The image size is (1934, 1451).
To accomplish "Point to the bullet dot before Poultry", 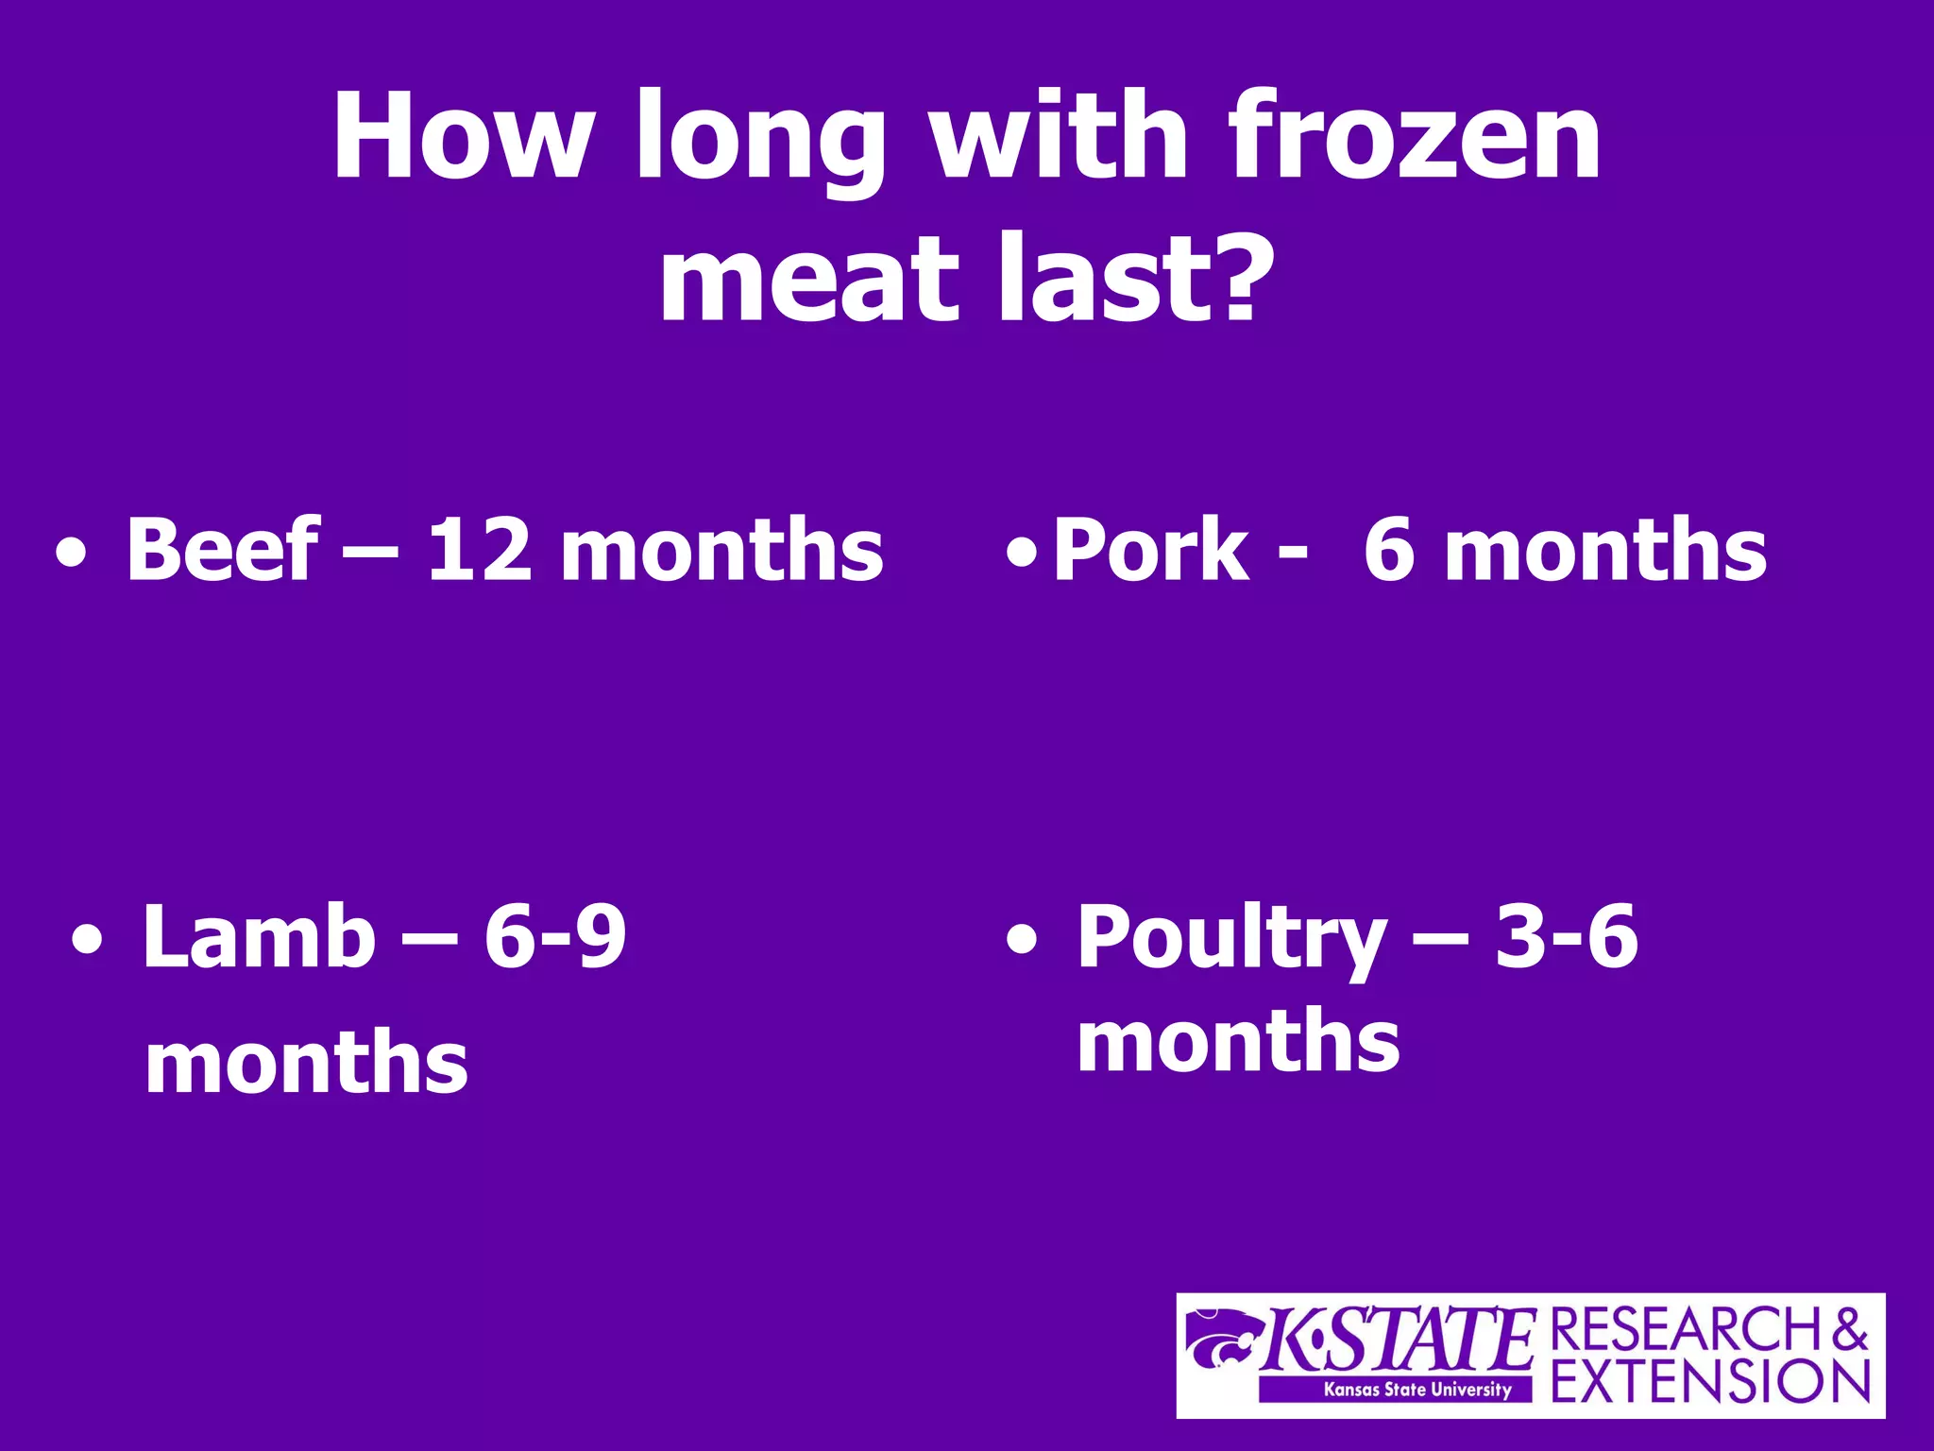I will pyautogui.click(x=1021, y=941).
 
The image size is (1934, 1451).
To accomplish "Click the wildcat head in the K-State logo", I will pyautogui.click(x=1224, y=1337).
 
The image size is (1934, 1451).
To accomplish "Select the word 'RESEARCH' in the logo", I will pyautogui.click(x=1687, y=1330).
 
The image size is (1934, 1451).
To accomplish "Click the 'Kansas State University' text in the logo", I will pyautogui.click(x=1417, y=1389).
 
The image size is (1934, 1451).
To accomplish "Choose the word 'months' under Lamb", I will pyautogui.click(x=306, y=1063).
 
